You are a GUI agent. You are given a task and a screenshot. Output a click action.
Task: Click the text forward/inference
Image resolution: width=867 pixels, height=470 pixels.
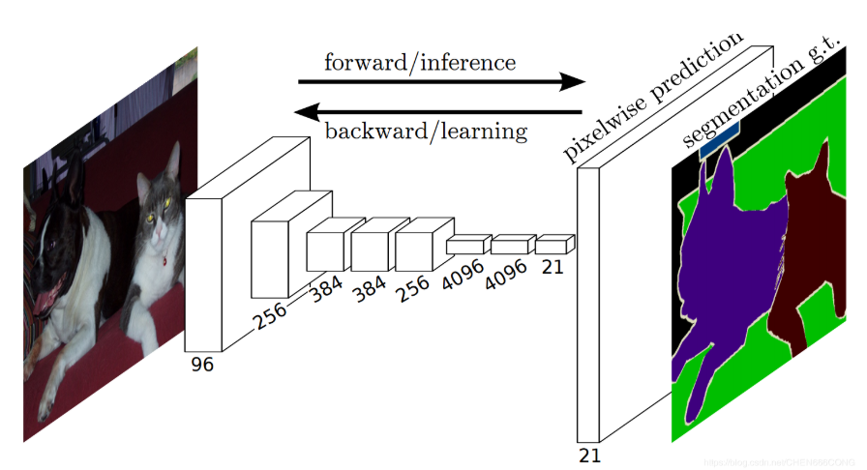(419, 63)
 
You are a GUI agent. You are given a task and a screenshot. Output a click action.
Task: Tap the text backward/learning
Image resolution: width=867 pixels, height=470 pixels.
(426, 130)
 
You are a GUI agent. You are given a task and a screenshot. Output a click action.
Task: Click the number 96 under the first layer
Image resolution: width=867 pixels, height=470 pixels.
(202, 364)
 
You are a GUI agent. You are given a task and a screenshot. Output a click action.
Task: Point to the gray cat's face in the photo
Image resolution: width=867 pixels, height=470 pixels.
(159, 203)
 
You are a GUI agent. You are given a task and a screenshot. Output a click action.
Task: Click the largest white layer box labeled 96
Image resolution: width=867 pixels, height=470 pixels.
(205, 271)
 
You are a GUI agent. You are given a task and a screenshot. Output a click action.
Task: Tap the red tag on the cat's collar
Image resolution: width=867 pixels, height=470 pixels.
(165, 259)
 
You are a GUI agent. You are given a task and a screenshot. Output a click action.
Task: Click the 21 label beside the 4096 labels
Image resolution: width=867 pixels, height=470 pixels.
(553, 267)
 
